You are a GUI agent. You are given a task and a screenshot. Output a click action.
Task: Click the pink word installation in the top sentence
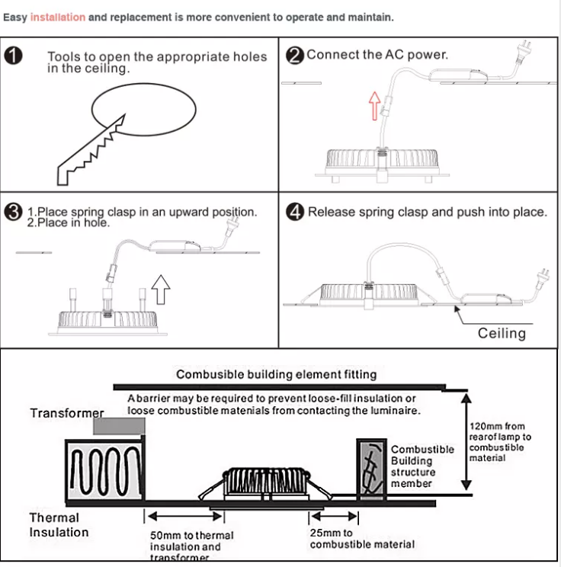tap(58, 17)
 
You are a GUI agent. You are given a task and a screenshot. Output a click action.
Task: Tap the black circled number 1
tap(14, 56)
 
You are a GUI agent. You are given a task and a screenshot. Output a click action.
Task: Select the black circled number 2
tap(295, 56)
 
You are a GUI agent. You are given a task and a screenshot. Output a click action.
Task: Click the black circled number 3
tap(14, 212)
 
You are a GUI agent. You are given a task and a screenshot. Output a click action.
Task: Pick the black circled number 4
tap(295, 212)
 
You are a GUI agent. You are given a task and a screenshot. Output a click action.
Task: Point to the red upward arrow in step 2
tap(375, 106)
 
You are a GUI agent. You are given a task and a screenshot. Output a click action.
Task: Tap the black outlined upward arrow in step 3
tap(161, 290)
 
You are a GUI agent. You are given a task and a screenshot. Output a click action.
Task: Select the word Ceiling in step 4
tap(502, 333)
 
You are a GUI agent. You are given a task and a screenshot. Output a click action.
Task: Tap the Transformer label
tap(67, 413)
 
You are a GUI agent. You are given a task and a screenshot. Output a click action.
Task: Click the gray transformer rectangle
tap(119, 426)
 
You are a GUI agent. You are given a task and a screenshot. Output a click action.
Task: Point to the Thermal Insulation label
tap(59, 524)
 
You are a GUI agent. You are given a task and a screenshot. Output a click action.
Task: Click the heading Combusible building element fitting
tap(277, 374)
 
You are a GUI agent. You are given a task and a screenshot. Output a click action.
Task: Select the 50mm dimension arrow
tap(184, 516)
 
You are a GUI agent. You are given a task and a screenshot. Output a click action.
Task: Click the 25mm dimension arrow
tap(334, 516)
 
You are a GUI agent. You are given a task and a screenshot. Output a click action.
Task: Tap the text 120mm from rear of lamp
tap(500, 431)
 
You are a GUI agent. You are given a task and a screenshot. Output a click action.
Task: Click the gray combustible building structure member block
tap(371, 469)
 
